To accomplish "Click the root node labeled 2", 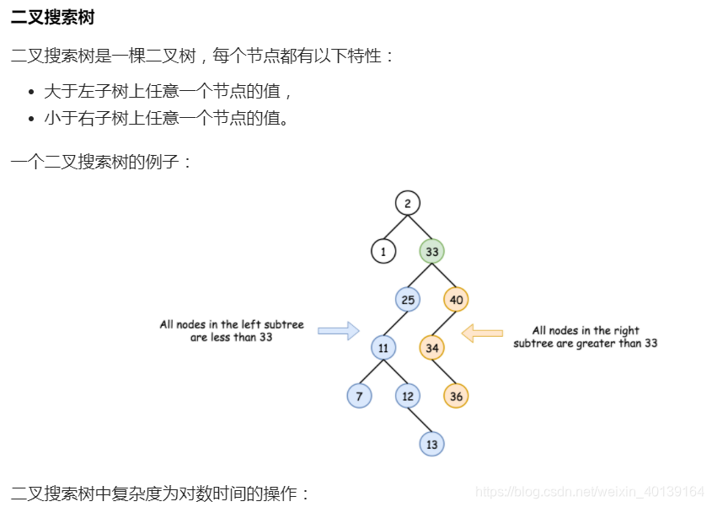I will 407,203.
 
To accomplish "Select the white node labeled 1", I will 383,251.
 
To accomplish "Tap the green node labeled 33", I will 431,251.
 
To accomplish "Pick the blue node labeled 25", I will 408,299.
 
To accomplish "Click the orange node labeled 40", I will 456,299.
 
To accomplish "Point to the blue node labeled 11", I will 383,348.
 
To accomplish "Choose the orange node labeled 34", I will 431,348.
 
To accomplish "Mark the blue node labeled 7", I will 359,396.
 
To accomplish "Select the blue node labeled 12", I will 408,396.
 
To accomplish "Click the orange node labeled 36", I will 456,396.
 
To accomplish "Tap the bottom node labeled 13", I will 431,444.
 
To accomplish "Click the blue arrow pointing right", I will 338,331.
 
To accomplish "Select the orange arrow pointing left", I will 482,334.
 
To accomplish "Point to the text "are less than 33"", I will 231,337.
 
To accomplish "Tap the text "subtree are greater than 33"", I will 585,343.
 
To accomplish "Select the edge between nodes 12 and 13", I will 420,419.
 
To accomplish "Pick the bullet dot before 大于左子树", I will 32,92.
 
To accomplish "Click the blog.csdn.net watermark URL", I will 589,491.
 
